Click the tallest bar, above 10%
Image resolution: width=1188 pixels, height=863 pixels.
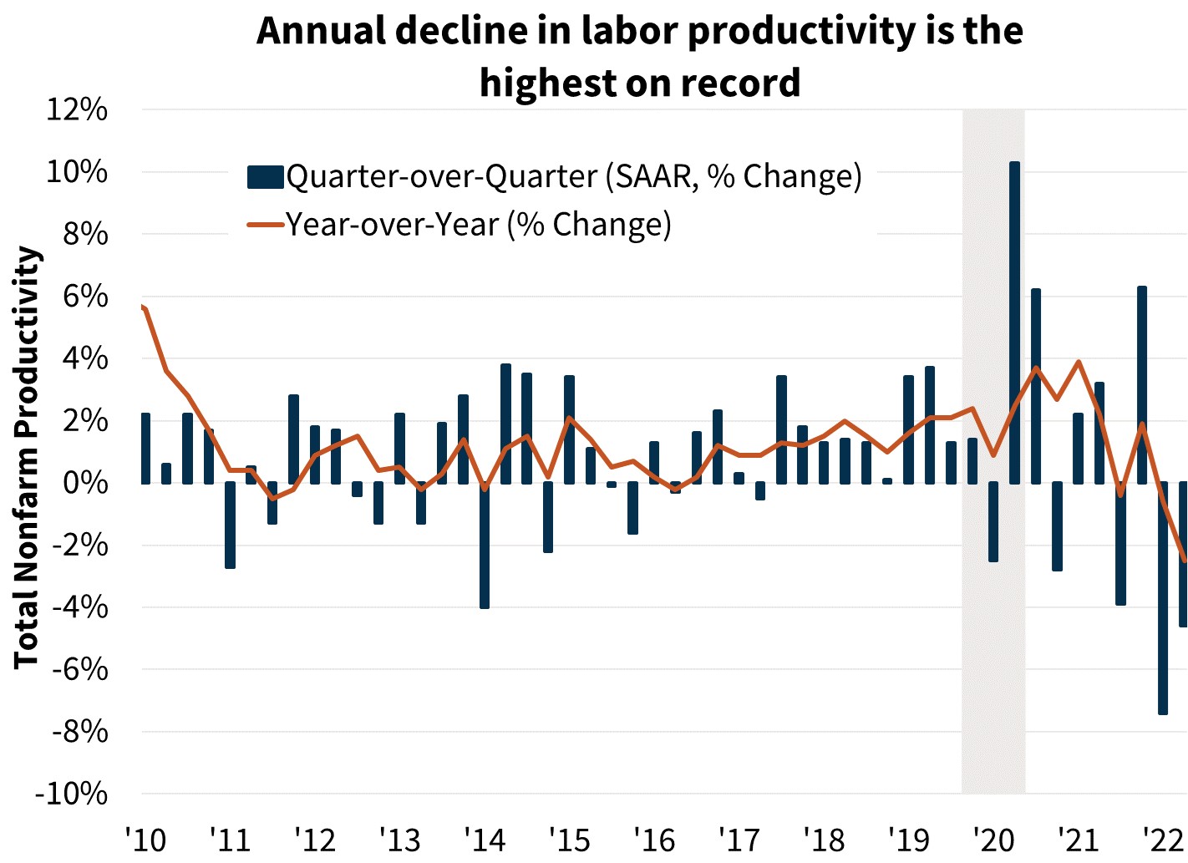coord(1014,322)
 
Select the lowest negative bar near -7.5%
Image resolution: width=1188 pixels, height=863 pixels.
coord(1163,597)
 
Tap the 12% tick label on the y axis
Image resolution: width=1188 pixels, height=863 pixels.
coord(77,109)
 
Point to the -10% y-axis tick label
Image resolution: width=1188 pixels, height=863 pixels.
coord(71,794)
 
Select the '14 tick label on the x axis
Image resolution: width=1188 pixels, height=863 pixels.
coord(485,839)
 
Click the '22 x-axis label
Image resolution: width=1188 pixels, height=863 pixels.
coord(1163,839)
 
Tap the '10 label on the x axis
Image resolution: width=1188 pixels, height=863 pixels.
coord(145,839)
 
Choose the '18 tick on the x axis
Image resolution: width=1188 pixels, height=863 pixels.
coord(824,839)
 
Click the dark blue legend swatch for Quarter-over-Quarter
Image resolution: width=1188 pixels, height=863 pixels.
coord(265,177)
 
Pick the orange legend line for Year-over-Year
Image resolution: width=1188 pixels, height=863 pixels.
coord(265,225)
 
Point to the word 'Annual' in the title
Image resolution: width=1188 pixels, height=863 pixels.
coord(319,31)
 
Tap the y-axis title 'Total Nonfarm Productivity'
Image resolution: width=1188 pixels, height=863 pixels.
coord(27,457)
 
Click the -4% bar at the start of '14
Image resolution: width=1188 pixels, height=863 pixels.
coord(485,545)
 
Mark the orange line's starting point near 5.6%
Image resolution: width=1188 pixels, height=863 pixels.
coord(145,307)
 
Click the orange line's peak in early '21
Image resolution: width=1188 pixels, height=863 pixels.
coord(1079,362)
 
